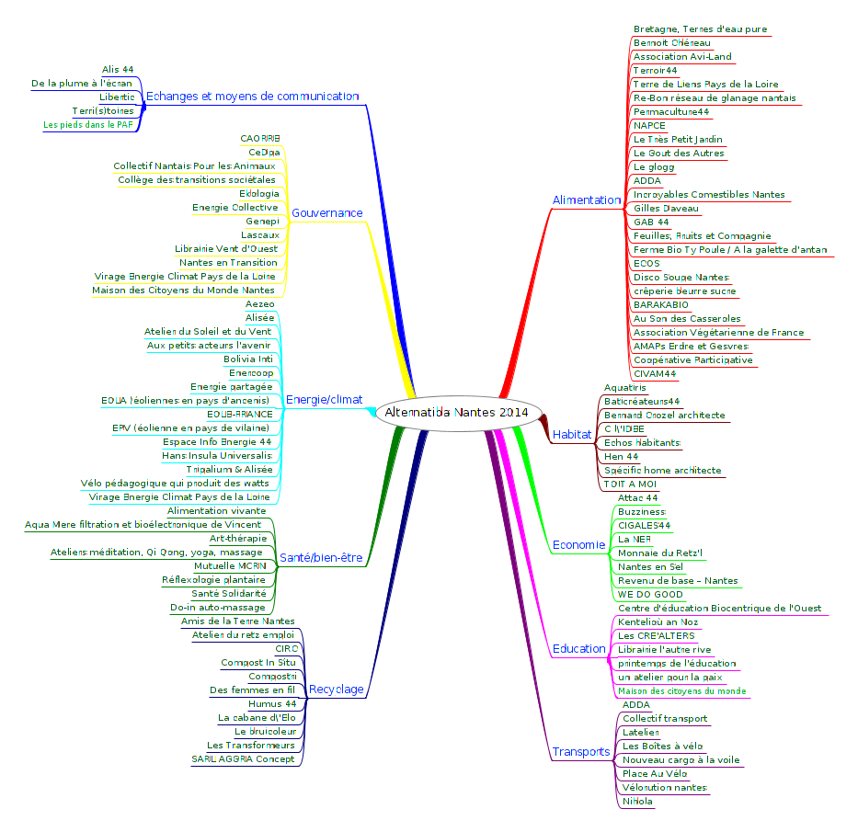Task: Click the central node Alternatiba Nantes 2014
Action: pos(457,413)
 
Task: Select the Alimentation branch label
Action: pos(587,199)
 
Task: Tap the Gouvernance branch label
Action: pos(326,213)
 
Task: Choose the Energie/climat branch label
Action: pos(324,400)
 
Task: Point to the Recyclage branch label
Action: pos(336,690)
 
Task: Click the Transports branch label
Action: pos(580,752)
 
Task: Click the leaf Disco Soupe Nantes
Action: pos(681,277)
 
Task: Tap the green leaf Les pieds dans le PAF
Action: pos(88,124)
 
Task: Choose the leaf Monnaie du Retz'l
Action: pos(660,553)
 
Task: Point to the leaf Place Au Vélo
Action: pos(654,773)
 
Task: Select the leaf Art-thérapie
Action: pos(238,538)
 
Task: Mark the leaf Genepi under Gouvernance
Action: pos(262,221)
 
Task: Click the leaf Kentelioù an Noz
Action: pos(658,621)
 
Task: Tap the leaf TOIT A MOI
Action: pos(630,483)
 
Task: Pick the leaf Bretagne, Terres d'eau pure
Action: pos(700,29)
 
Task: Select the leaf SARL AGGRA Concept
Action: pos(243,758)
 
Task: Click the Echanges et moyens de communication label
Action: pos(252,96)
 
